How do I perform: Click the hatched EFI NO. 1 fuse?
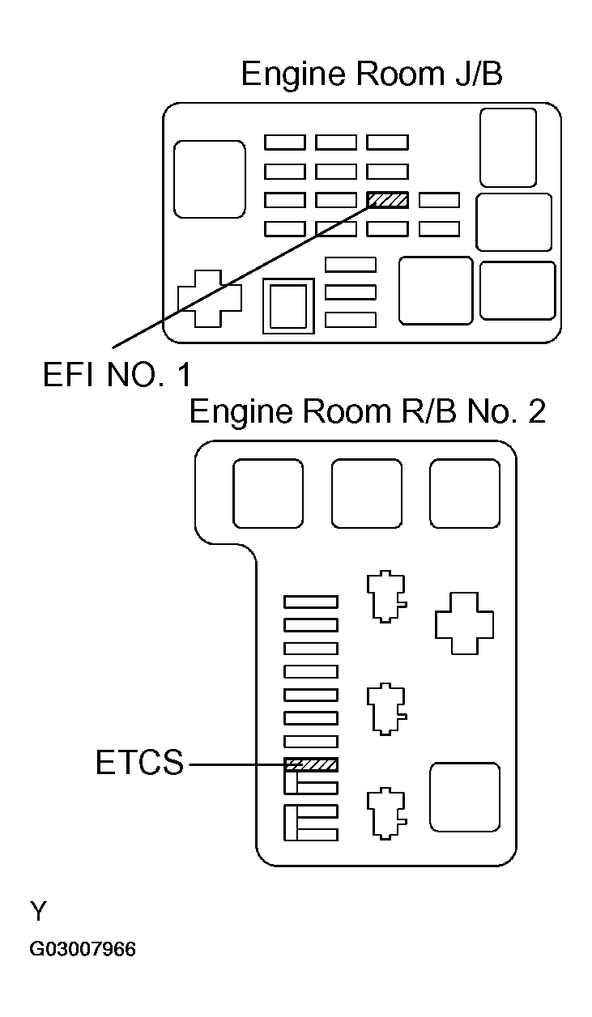[x=387, y=200]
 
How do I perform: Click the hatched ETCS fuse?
[x=311, y=764]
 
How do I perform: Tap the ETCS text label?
[x=139, y=764]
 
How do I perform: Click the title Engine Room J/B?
[x=372, y=74]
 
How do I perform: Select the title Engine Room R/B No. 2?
[x=367, y=411]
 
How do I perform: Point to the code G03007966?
[x=83, y=949]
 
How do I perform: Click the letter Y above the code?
[x=38, y=913]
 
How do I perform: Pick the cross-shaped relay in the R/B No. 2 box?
[x=464, y=622]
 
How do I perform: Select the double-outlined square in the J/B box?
[x=288, y=305]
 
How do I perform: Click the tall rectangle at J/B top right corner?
[x=508, y=147]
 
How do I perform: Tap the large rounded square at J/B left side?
[x=210, y=178]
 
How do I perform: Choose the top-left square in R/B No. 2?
[x=268, y=493]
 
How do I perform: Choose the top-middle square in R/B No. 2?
[x=366, y=493]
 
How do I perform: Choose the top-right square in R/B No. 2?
[x=464, y=493]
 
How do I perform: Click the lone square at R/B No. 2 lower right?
[x=464, y=797]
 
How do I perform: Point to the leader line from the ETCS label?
[x=235, y=764]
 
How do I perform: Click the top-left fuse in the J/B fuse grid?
[x=285, y=143]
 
